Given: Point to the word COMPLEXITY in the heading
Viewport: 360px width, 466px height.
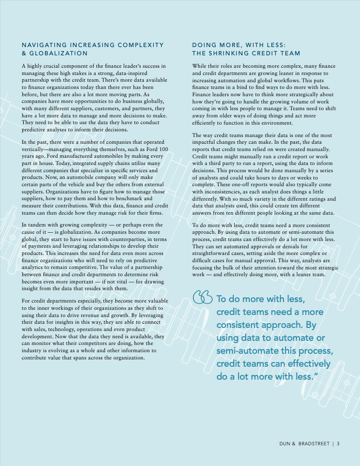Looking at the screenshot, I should coord(140,45).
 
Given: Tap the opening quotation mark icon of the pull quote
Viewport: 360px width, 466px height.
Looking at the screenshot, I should coord(202,297).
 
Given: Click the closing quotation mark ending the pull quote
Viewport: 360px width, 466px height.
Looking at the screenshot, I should coord(316,376).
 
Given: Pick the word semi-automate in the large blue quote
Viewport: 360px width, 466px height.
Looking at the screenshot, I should coord(246,351).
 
